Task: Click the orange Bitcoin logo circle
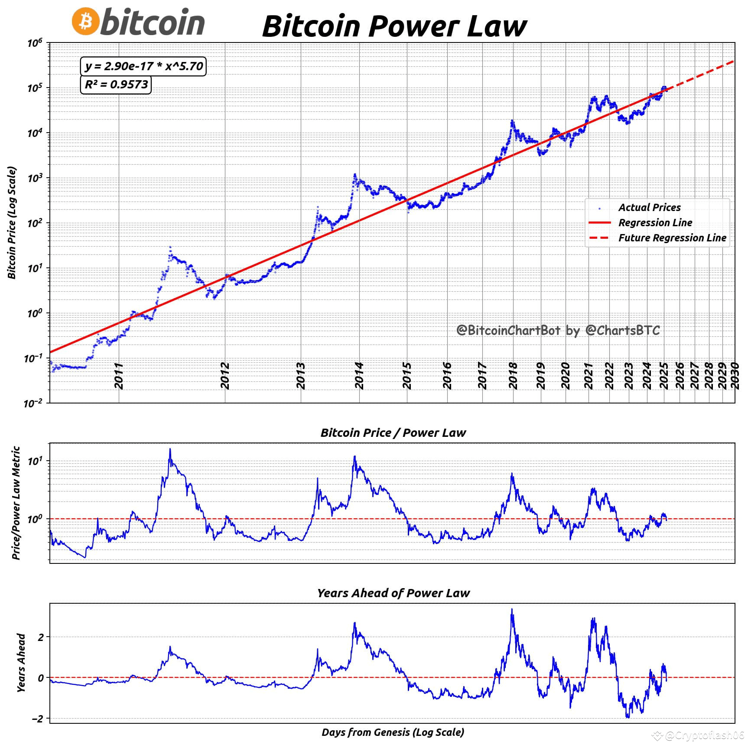[x=85, y=21]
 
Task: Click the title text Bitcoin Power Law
[x=394, y=26]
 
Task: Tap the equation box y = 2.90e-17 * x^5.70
[x=143, y=66]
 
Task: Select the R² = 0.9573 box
[x=116, y=84]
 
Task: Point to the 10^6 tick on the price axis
[x=35, y=43]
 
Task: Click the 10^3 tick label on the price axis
[x=35, y=178]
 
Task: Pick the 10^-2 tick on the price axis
[x=33, y=403]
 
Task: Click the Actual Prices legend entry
[x=649, y=208]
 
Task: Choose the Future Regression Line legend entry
[x=672, y=238]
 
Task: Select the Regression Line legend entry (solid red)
[x=655, y=223]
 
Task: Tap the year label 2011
[x=119, y=376]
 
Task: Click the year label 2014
[x=359, y=376]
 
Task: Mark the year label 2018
[x=513, y=376]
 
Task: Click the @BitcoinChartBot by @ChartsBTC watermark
[x=558, y=330]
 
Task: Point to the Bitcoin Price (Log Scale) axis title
[x=12, y=223]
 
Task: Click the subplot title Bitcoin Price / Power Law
[x=393, y=433]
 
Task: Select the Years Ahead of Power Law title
[x=393, y=593]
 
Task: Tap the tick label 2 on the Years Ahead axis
[x=41, y=637]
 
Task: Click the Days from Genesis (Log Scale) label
[x=393, y=732]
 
